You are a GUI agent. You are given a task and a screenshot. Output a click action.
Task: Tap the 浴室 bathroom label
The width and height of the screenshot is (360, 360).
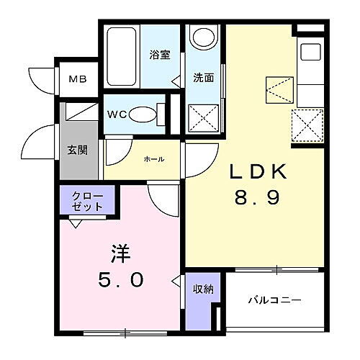click(159, 55)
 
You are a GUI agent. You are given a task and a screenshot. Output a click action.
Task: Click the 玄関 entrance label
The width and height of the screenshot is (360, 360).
click(78, 150)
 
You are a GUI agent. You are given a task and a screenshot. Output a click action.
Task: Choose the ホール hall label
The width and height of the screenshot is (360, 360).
click(154, 158)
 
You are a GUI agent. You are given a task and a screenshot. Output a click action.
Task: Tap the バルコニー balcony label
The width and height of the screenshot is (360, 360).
click(275, 300)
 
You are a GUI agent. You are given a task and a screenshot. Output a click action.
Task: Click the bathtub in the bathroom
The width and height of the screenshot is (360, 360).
click(123, 50)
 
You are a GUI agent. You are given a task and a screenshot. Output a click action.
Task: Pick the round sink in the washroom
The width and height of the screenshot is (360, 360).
click(205, 37)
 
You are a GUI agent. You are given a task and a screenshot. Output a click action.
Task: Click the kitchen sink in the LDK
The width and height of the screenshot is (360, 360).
click(312, 51)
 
